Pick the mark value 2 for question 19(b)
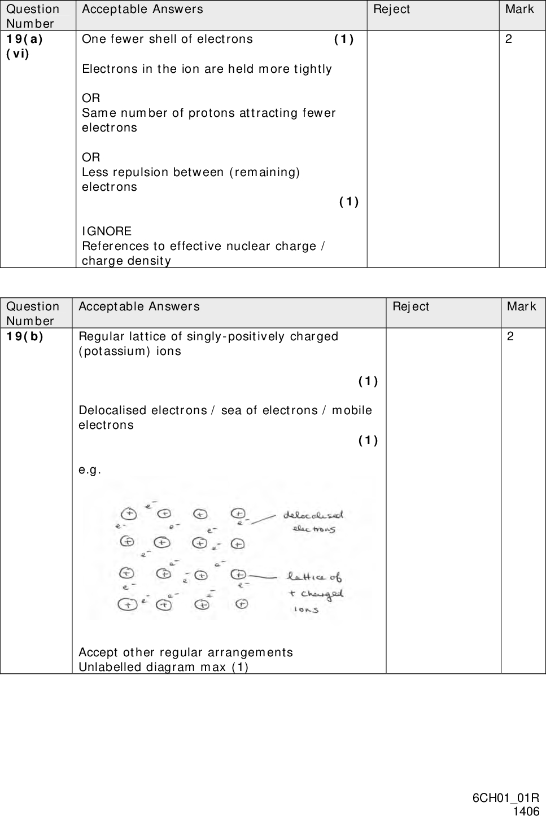[x=510, y=336]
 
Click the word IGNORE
[x=107, y=231]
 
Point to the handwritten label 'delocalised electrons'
[x=314, y=521]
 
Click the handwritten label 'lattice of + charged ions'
[x=315, y=593]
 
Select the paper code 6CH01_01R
[x=505, y=798]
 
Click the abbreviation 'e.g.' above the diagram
[x=90, y=470]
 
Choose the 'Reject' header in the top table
[x=392, y=9]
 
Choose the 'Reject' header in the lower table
[x=411, y=306]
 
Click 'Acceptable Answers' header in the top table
[x=142, y=9]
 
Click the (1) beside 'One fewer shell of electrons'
[x=344, y=40]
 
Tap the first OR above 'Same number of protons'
[x=91, y=98]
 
